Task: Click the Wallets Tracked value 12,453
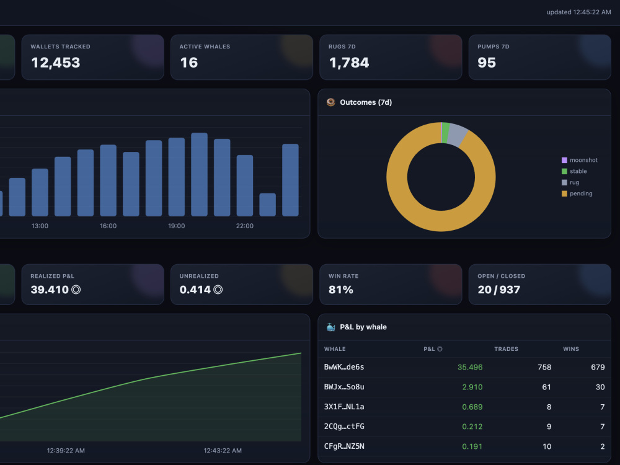[x=55, y=63]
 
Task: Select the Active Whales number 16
[x=188, y=63]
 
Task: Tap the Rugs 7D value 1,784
[x=348, y=63]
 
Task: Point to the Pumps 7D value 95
[x=486, y=63]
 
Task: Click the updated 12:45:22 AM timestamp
[x=578, y=12]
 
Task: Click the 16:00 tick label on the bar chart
[x=108, y=226]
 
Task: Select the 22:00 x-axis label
[x=245, y=226]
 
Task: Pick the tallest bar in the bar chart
[x=199, y=174]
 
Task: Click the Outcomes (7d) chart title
[x=366, y=102]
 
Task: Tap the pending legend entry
[x=577, y=193]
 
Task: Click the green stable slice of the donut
[x=446, y=133]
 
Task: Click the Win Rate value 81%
[x=340, y=290]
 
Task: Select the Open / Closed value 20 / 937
[x=498, y=290]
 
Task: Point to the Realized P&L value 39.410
[x=50, y=290]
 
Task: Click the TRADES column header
[x=506, y=348]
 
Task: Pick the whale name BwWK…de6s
[x=344, y=367]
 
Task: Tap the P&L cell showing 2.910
[x=472, y=387]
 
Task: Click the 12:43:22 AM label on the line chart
[x=223, y=450]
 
